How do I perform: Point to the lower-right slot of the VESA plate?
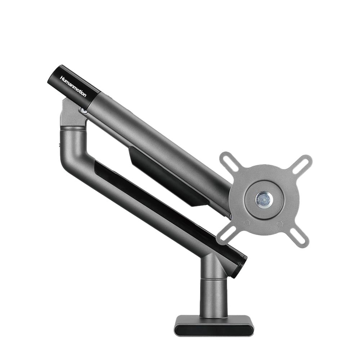[x=299, y=238]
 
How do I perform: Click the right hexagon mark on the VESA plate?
[x=280, y=223]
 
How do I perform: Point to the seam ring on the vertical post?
[x=214, y=278]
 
